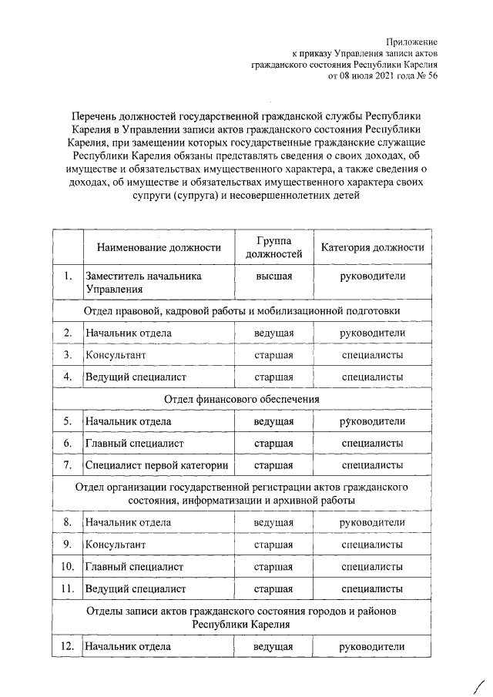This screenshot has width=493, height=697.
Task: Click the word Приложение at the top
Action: pos(412,41)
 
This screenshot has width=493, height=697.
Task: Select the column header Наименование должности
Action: pos(159,247)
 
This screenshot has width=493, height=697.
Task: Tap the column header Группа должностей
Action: pos(273,247)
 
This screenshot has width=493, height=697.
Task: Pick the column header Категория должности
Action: pos(372,247)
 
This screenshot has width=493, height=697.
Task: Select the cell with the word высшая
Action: pos(273,276)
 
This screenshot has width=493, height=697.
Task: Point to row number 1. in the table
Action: pos(68,276)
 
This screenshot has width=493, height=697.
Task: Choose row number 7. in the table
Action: pos(68,465)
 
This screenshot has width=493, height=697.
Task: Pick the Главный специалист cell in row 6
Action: pos(135,444)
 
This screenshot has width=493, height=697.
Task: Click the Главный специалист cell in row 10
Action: pos(135,567)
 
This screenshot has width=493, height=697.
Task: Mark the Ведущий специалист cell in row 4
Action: pos(136,377)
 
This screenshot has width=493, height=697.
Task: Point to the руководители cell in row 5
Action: pos(372,421)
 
